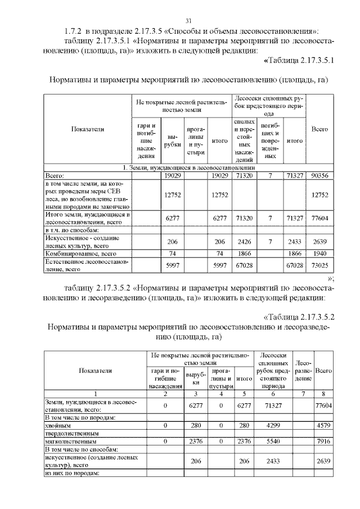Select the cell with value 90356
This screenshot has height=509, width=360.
[x=319, y=176]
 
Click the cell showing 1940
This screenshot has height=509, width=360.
[x=319, y=254]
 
